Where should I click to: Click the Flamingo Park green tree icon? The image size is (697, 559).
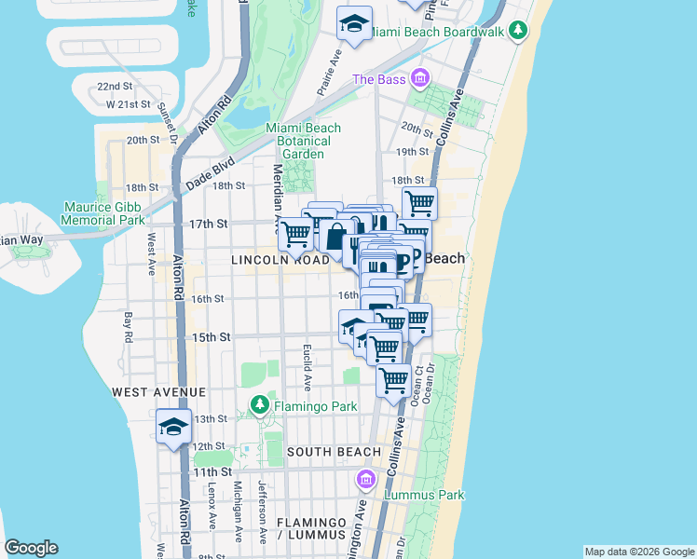click(x=259, y=406)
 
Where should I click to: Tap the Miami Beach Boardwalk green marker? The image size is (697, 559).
click(x=518, y=32)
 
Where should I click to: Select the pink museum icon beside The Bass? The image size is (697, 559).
click(x=420, y=79)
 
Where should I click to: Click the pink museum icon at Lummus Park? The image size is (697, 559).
click(x=366, y=480)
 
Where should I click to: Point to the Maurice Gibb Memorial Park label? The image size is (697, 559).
click(x=103, y=213)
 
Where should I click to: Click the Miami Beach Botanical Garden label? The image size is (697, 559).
click(x=304, y=141)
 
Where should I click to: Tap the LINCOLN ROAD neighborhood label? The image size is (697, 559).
click(x=280, y=261)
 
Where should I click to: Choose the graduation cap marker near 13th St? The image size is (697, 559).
click(x=173, y=427)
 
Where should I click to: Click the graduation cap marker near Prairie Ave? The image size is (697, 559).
click(x=354, y=24)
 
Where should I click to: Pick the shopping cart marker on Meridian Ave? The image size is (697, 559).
click(x=296, y=233)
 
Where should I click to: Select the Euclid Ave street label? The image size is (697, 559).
click(x=307, y=366)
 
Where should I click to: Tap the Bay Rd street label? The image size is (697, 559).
click(x=129, y=325)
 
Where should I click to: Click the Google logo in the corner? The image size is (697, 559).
click(x=32, y=548)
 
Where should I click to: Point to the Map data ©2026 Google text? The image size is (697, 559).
click(x=638, y=552)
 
